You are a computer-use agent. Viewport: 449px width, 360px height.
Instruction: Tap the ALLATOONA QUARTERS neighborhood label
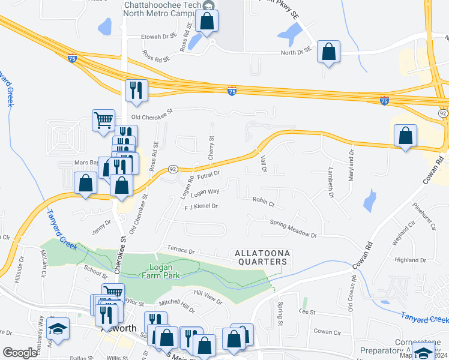point(262,257)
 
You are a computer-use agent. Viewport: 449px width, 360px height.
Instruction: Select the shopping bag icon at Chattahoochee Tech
point(207,21)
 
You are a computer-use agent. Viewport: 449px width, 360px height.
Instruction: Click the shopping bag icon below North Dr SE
point(329,52)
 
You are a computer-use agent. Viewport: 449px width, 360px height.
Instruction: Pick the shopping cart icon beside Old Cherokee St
point(103,120)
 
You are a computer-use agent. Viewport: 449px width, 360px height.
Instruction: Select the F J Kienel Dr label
point(200,206)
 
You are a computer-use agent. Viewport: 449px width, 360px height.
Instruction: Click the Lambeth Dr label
point(331,183)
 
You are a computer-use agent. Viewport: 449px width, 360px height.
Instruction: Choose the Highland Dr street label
point(410,260)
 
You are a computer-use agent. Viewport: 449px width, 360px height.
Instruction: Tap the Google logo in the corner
point(20,353)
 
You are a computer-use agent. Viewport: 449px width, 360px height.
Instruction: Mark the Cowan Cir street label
point(327,332)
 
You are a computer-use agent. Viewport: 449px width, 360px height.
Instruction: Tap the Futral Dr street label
point(209,174)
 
